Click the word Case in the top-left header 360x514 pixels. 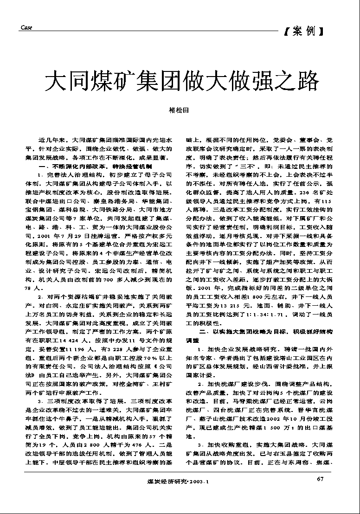[26, 28]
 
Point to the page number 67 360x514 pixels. [320, 479]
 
